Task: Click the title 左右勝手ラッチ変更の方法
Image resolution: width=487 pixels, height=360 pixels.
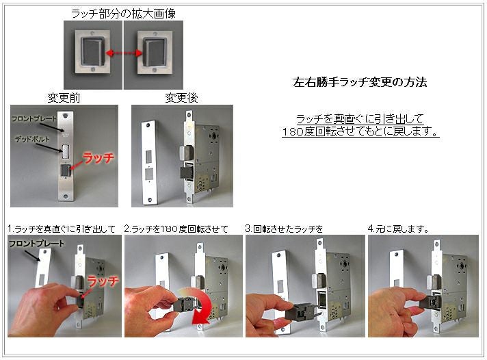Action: click(x=360, y=82)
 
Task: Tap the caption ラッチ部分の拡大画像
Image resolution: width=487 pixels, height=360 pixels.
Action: click(x=124, y=14)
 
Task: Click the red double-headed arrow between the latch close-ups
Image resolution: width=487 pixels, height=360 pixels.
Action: click(x=124, y=53)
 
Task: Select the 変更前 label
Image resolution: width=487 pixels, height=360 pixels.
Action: click(x=64, y=98)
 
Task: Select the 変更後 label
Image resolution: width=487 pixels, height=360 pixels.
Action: click(x=182, y=98)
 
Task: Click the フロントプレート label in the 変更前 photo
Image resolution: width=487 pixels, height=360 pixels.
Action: click(x=34, y=118)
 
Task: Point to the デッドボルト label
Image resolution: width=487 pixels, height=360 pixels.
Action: click(x=32, y=139)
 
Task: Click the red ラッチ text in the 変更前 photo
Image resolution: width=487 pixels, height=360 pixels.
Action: click(x=98, y=158)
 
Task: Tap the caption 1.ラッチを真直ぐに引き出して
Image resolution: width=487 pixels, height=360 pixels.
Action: click(x=62, y=229)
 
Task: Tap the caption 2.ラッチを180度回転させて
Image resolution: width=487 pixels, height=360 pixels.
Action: click(x=176, y=229)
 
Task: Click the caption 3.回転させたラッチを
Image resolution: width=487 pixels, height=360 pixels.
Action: click(x=284, y=229)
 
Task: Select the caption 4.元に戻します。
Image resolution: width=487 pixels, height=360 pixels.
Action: click(x=398, y=229)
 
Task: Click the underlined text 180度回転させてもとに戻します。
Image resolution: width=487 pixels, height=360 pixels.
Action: click(x=360, y=131)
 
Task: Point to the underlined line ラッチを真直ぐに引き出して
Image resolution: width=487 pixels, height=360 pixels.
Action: click(x=360, y=119)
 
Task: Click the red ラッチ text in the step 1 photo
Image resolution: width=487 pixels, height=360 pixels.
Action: click(x=103, y=281)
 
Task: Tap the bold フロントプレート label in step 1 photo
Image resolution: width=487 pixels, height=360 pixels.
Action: click(x=37, y=244)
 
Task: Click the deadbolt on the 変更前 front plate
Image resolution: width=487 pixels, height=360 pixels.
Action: click(x=66, y=151)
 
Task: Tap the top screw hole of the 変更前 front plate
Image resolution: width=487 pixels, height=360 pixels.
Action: click(x=65, y=116)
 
